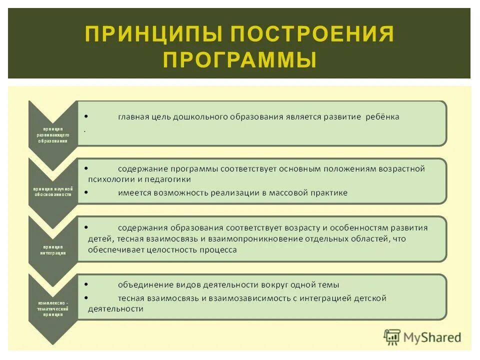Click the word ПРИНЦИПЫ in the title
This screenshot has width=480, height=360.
(152, 34)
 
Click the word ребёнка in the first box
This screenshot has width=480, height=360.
(381, 117)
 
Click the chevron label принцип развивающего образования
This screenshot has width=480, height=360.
(52, 134)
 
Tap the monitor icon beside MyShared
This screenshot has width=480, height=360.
(392, 337)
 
